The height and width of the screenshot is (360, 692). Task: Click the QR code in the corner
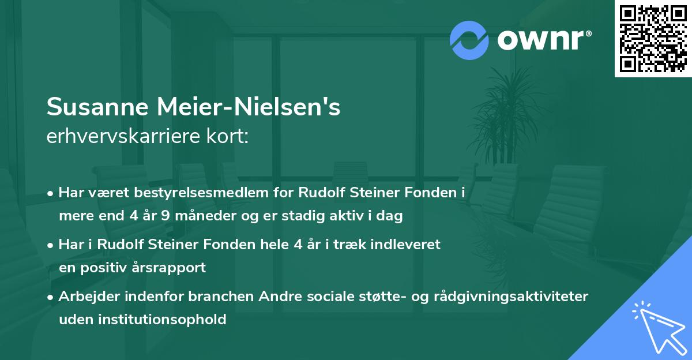pos(653,38)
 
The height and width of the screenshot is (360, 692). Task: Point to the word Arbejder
pos(88,296)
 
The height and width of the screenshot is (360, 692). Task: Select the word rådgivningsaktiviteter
pos(513,296)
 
